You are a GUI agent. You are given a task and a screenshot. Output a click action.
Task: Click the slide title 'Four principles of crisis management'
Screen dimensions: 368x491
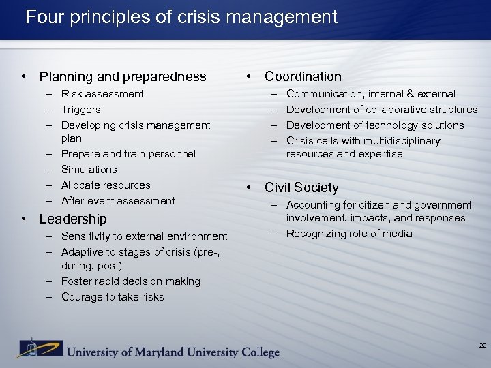(181, 16)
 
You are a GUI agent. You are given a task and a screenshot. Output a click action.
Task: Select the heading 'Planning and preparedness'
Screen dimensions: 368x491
(123, 76)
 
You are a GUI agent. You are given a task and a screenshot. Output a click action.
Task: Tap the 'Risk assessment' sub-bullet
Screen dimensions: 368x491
(102, 94)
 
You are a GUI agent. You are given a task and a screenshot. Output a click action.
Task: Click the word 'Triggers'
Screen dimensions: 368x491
(80, 110)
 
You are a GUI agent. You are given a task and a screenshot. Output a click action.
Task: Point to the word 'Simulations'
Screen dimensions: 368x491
(89, 170)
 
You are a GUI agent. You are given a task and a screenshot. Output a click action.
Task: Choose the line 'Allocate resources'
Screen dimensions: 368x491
(106, 185)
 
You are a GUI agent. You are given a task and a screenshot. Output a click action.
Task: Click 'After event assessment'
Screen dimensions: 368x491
(118, 201)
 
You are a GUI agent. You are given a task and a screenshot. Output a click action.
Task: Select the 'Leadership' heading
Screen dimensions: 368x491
(73, 219)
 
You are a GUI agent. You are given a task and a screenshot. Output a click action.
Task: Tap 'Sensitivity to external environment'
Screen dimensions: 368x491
(144, 236)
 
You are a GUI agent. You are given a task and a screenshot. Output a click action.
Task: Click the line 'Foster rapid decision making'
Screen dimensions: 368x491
(131, 281)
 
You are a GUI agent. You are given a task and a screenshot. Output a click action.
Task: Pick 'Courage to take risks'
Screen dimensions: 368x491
(113, 297)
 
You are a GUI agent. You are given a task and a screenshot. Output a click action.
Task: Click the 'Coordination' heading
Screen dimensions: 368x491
(303, 76)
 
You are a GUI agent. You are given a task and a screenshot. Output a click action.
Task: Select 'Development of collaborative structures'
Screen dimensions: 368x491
(382, 110)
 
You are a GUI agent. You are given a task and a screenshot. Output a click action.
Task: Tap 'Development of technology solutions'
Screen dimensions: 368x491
(375, 125)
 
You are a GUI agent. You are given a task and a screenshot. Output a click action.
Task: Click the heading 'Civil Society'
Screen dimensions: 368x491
(301, 187)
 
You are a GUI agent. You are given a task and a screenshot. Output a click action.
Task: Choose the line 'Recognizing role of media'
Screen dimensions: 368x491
(349, 234)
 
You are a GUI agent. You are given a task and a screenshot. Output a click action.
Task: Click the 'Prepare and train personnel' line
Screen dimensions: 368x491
(128, 154)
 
